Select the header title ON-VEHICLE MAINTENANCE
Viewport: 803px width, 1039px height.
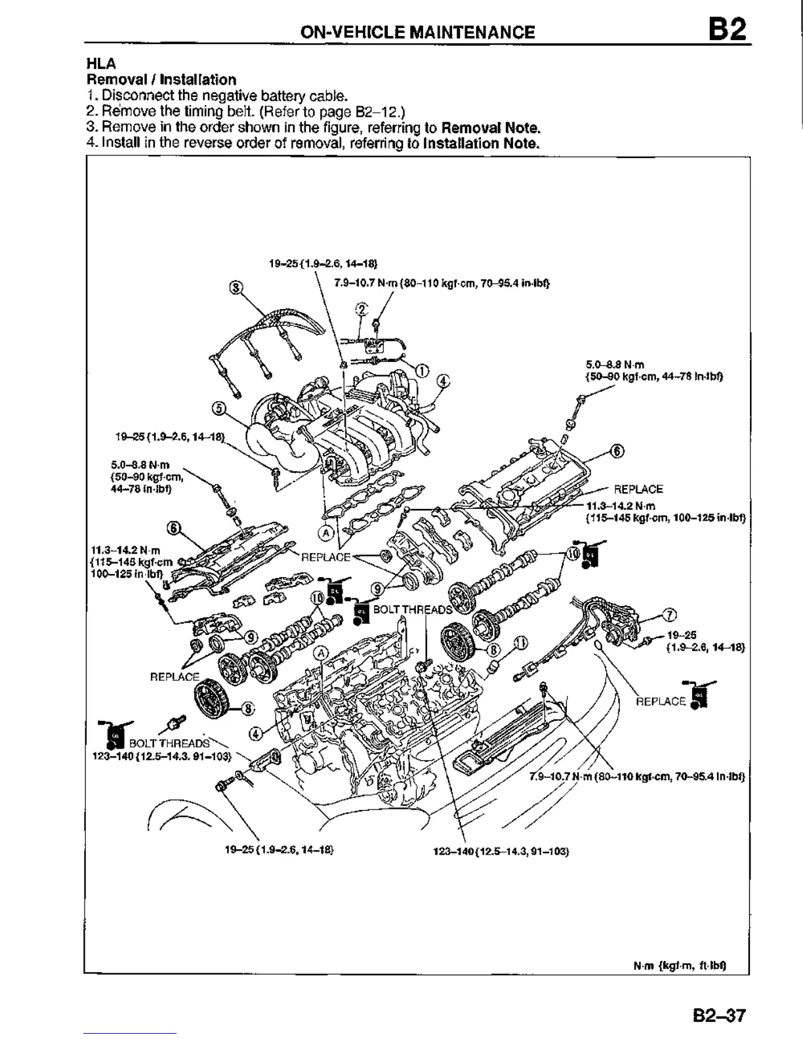tap(417, 32)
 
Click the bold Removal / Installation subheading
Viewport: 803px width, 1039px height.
tap(161, 79)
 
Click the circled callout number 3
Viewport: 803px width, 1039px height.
tap(235, 287)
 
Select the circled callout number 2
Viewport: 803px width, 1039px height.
tap(361, 308)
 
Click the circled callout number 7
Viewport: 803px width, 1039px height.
tap(669, 615)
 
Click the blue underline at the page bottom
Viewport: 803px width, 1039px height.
tap(130, 1033)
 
